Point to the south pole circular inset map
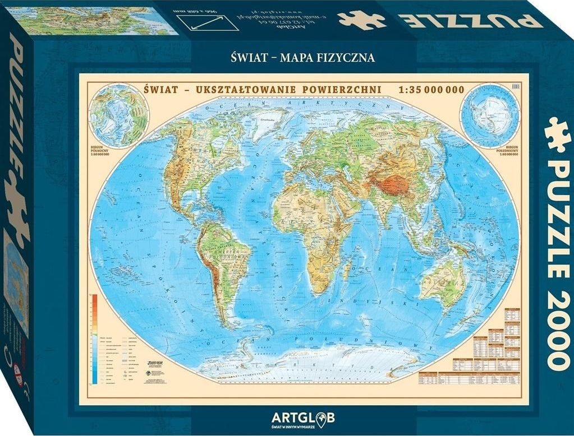tap(482, 116)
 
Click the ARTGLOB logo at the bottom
tap(307, 417)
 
